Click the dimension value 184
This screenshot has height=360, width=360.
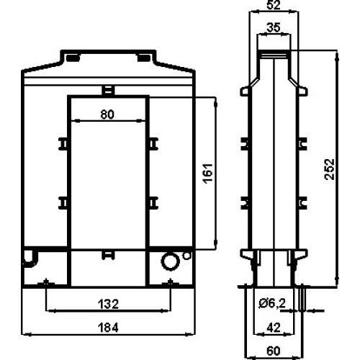108,328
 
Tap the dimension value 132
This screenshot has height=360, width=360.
108,305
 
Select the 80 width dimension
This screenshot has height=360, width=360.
107,114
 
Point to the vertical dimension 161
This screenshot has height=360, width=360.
208,174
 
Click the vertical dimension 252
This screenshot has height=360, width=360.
329,169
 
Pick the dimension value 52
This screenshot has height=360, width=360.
274,5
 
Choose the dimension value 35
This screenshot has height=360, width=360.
274,27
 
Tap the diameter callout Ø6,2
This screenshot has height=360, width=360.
272,304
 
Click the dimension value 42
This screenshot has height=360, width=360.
274,328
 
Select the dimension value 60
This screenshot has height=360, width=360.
274,351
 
